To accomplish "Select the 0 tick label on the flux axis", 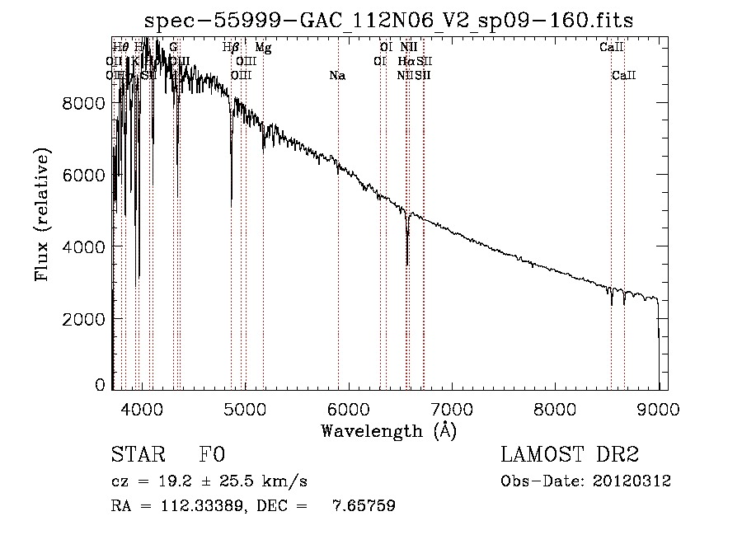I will tap(100, 384).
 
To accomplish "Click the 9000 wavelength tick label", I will tap(658, 408).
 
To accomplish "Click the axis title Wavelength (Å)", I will tap(388, 430).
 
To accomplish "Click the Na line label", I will tap(337, 76).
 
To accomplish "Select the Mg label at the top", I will tap(263, 48).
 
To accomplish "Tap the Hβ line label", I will tap(232, 48).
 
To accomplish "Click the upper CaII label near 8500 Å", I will tap(611, 48).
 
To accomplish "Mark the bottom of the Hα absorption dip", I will tap(407, 265).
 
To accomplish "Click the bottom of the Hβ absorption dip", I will tap(232, 199).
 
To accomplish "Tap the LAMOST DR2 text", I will tap(570, 455).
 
